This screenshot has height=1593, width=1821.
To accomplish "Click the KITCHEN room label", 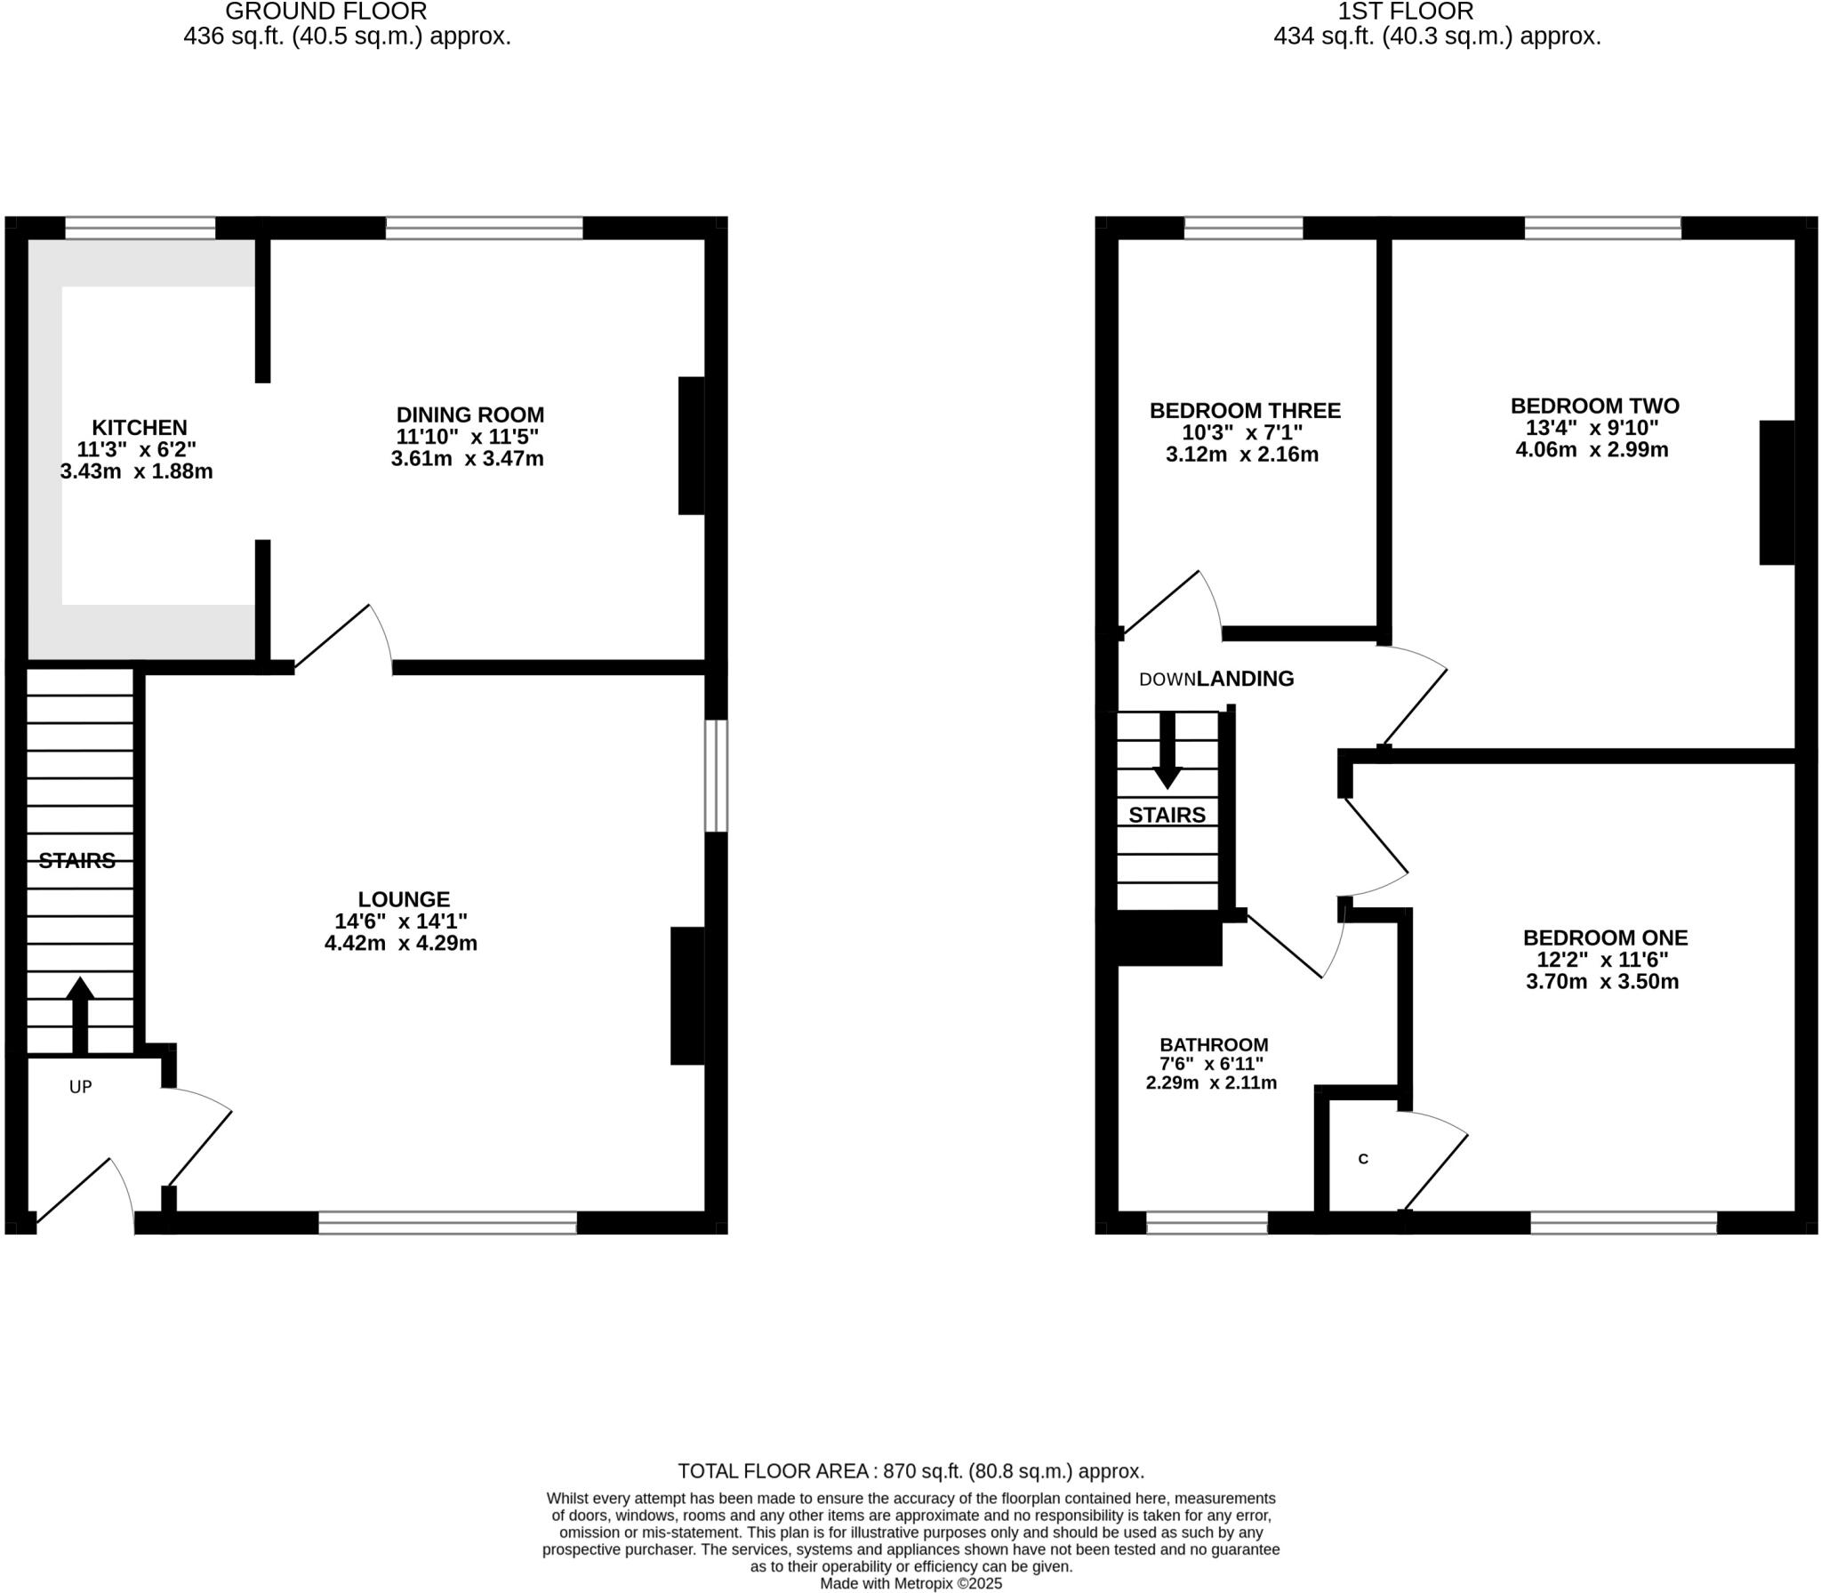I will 140,428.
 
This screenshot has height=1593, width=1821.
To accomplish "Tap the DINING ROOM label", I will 469,414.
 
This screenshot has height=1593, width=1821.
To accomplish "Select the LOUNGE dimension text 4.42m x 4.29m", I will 401,944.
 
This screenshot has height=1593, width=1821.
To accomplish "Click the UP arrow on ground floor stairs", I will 80,1013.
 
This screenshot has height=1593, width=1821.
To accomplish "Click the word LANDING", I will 1245,679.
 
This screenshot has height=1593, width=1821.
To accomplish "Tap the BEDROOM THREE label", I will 1245,411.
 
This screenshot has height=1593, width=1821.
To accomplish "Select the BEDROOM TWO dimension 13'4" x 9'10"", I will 1592,428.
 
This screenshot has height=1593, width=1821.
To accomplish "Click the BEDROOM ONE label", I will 1605,937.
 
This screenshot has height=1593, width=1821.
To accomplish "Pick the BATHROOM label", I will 1214,1045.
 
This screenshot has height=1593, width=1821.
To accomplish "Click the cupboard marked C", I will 1363,1159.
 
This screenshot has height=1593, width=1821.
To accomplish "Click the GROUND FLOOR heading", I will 325,12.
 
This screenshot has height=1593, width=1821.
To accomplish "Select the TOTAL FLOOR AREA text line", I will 910,1471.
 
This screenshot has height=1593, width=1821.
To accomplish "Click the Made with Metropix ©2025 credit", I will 910,1584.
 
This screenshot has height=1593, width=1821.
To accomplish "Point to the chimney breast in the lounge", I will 687,995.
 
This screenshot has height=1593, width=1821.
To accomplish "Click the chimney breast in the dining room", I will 692,446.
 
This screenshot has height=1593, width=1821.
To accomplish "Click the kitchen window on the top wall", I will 140,229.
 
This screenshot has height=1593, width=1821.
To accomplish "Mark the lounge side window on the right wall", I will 717,776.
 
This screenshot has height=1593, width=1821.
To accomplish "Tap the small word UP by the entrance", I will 81,1087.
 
